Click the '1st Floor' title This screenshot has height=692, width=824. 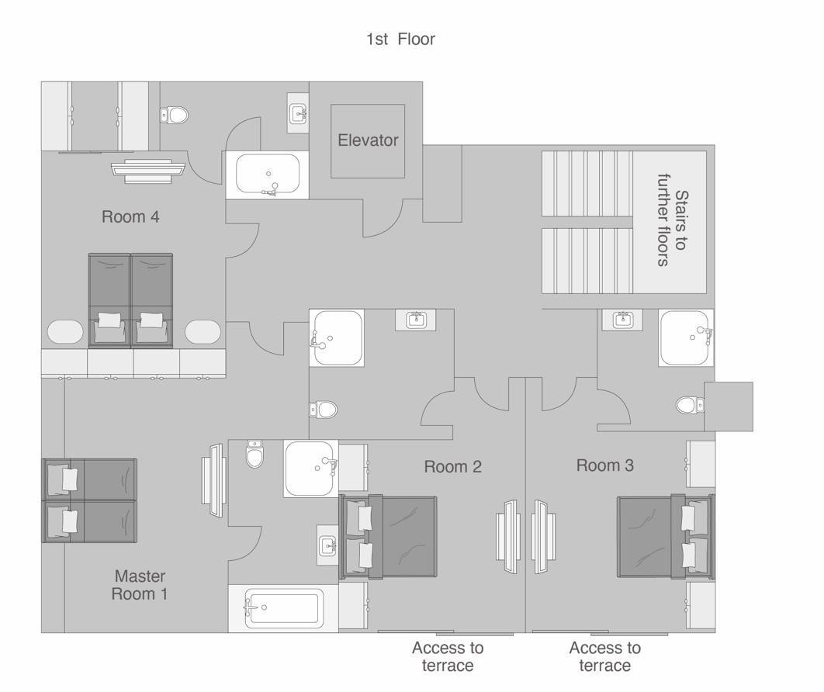pos(400,39)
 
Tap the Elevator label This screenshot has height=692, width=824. pos(368,140)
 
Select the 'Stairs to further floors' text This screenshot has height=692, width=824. pos(672,220)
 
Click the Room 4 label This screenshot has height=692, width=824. pos(130,216)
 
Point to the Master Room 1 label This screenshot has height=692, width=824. pos(140,585)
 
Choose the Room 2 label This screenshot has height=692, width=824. pos(453,466)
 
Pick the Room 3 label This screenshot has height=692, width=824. pos(605,465)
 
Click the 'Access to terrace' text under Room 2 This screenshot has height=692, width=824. pos(448,656)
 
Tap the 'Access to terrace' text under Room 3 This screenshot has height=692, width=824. pos(605,656)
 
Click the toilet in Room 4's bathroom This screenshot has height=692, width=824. pos(174,115)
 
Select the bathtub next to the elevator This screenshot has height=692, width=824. pos(268,174)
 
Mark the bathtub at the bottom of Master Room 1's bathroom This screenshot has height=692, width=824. pos(284,608)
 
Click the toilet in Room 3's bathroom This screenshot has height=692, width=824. pos(690,405)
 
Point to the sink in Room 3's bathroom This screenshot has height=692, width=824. pos(624,319)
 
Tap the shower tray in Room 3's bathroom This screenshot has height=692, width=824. pos(686,338)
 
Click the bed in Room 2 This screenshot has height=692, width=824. pos(389,537)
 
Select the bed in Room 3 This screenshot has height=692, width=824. pos(666,537)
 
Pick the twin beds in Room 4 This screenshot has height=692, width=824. pos(130,300)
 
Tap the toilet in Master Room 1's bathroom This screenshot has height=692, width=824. pos(254,455)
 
